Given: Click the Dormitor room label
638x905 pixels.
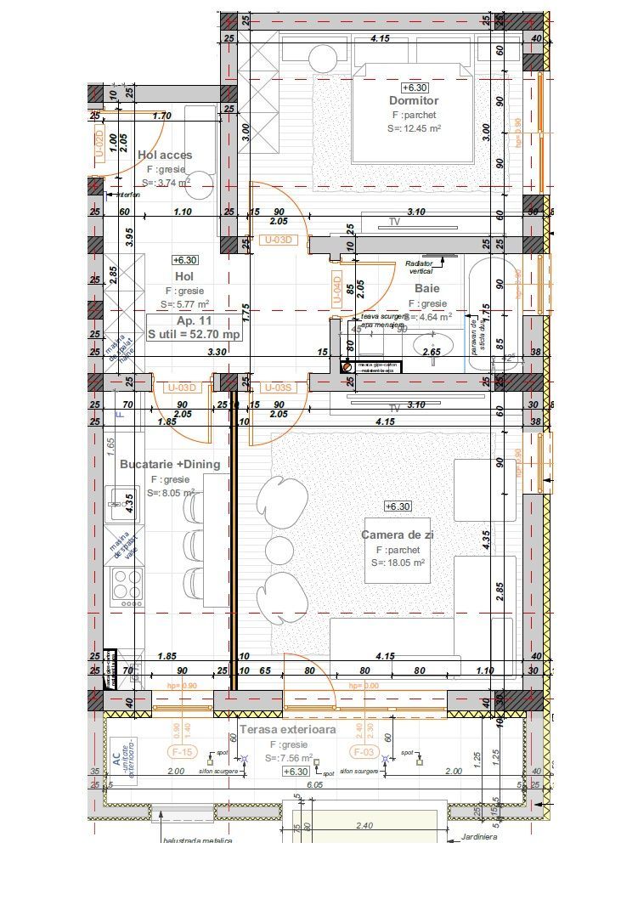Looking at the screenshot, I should point(415,101).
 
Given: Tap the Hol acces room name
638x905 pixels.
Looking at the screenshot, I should point(165,155).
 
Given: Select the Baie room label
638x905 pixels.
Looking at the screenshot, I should point(427,288).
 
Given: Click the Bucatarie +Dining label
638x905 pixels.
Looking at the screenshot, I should point(170,464).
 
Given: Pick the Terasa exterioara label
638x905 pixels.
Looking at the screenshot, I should point(287,729).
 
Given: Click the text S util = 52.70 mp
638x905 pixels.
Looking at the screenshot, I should point(195,335).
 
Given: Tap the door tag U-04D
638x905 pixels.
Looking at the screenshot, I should point(336,289).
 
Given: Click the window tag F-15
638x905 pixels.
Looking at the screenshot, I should point(183,751).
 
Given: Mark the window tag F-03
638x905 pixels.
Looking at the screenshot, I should point(363,751).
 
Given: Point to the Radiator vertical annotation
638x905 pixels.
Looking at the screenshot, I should point(421,267).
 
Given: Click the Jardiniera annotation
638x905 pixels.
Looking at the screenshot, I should point(479,836).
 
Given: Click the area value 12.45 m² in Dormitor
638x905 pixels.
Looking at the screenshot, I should point(415,128).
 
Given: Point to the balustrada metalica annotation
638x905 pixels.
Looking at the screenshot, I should point(197,840).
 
